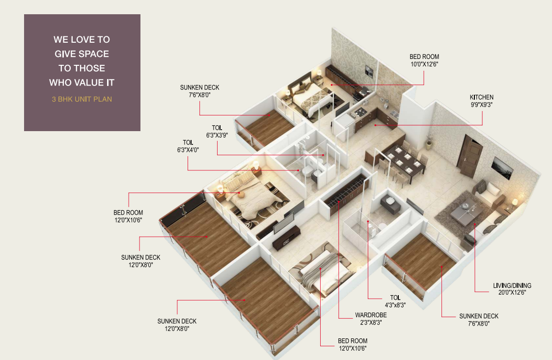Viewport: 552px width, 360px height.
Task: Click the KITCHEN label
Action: pyautogui.click(x=481, y=97)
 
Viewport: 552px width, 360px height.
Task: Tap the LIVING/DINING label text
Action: pyautogui.click(x=512, y=285)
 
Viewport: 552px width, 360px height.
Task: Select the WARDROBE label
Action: pyautogui.click(x=371, y=315)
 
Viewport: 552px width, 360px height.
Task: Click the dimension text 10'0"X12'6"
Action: pyautogui.click(x=424, y=64)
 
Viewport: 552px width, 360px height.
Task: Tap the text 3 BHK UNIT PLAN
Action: pyautogui.click(x=82, y=99)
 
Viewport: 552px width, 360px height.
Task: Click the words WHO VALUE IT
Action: pyautogui.click(x=82, y=83)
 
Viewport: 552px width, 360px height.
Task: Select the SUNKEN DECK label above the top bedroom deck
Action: pyautogui.click(x=199, y=87)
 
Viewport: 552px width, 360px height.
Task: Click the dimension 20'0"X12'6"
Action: pyautogui.click(x=512, y=292)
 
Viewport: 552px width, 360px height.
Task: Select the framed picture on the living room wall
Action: pyautogui.click(x=502, y=167)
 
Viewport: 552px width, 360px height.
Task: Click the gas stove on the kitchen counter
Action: pyautogui.click(x=360, y=112)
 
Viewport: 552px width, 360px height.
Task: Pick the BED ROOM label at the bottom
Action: pyautogui.click(x=353, y=341)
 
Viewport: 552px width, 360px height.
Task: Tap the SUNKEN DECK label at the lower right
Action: pyautogui.click(x=479, y=316)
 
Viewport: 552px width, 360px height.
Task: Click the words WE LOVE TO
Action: pyautogui.click(x=82, y=39)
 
